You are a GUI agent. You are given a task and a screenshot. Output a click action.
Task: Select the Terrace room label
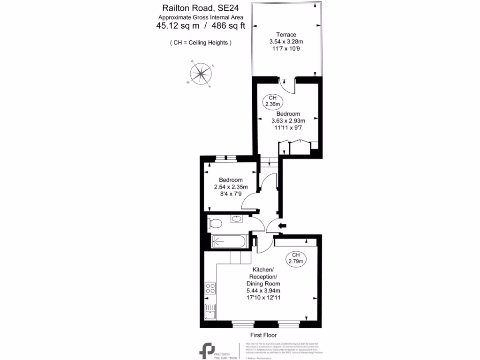click(286, 35)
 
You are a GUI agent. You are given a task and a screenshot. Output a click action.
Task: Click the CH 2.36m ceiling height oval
click(272, 100)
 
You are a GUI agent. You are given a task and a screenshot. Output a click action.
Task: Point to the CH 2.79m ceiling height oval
click(296, 257)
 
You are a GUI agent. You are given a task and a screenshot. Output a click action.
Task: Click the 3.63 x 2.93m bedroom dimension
click(288, 121)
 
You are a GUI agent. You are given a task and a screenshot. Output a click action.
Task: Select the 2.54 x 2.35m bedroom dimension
click(231, 187)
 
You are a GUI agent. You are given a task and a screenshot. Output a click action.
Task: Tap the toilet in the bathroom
click(216, 223)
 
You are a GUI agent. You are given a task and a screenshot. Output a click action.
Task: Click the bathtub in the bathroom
click(228, 241)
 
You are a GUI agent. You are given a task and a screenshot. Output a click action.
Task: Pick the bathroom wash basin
click(237, 219)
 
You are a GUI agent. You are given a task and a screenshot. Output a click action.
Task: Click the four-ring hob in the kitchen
click(210, 288)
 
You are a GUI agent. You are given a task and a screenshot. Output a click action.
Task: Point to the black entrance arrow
click(282, 226)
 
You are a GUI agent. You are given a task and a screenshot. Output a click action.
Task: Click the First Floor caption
click(263, 335)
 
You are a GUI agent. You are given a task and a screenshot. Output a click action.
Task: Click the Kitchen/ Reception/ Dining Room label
click(263, 277)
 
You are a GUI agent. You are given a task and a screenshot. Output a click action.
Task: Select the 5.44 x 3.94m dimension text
click(263, 291)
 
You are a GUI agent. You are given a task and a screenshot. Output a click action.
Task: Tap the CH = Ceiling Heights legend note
click(201, 43)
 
